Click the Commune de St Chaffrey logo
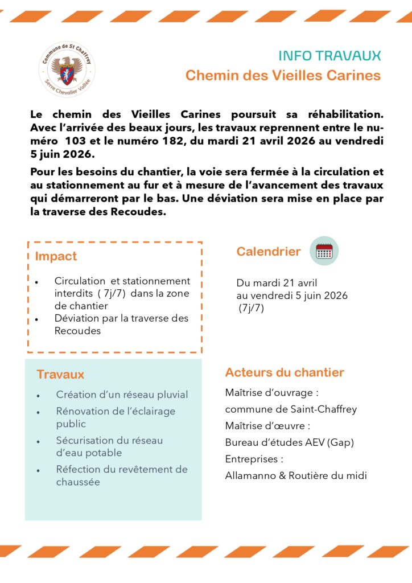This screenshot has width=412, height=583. tap(67, 68)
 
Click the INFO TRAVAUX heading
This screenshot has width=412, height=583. tap(329, 56)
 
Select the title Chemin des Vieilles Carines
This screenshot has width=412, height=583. tap(283, 75)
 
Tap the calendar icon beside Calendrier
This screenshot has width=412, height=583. tap(324, 251)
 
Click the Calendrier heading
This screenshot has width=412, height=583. tap(269, 252)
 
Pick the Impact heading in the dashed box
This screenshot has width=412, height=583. tap(56, 256)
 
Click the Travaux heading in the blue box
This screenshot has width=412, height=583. tap(60, 375)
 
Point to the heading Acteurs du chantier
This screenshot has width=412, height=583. tap(285, 373)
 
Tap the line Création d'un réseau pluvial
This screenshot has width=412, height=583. tap(122, 395)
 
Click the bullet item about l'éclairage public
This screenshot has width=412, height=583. tap(116, 417)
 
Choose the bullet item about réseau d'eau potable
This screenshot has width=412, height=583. tap(109, 446)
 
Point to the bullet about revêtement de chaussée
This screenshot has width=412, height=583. tap(121, 475)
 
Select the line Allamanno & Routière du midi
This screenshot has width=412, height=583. tap(296, 475)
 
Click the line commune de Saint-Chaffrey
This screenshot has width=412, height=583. tap(291, 409)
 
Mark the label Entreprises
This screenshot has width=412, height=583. tap(254, 459)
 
